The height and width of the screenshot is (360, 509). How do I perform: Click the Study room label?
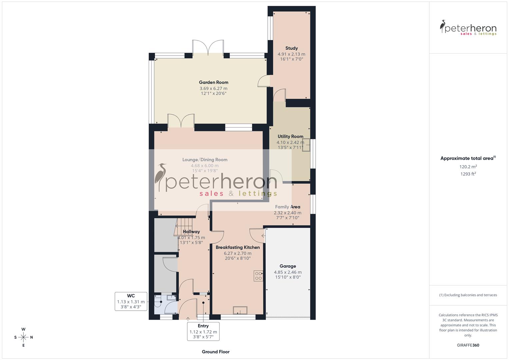click(291, 48)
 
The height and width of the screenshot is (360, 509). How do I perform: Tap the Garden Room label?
click(213, 82)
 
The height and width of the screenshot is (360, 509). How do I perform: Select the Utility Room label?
click(290, 136)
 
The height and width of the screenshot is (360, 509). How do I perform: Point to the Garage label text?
click(288, 266)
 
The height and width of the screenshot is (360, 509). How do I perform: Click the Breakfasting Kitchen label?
click(238, 247)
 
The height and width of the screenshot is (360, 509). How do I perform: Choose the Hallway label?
click(191, 232)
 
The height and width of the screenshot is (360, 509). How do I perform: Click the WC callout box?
click(131, 301)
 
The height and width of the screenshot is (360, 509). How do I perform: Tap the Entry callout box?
click(203, 331)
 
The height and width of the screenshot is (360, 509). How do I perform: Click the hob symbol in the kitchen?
click(258, 276)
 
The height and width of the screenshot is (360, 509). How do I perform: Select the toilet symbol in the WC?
click(158, 303)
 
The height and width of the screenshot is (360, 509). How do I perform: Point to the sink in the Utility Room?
click(306, 146)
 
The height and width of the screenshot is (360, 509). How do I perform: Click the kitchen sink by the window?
click(240, 310)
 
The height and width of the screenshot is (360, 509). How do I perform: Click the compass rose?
click(23, 337)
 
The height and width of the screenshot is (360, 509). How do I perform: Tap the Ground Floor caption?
click(216, 352)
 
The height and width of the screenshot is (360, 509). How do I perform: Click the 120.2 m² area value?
click(468, 167)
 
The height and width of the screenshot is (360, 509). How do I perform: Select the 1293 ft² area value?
click(468, 174)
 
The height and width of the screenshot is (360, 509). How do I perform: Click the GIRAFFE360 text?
click(468, 345)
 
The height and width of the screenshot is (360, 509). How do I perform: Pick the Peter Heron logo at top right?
click(468, 28)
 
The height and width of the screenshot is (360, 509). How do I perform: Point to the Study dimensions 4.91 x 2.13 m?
click(291, 54)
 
